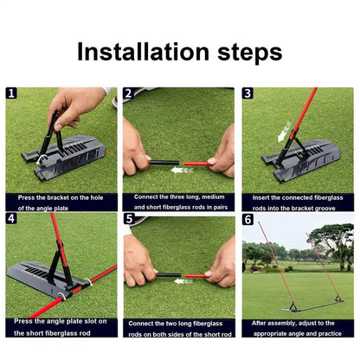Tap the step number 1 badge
coord(11,93)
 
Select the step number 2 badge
coord(128,93)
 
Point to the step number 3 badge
coord(247,93)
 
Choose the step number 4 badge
coord(11,219)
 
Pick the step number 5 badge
coord(128,219)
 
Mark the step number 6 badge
coord(247,219)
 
